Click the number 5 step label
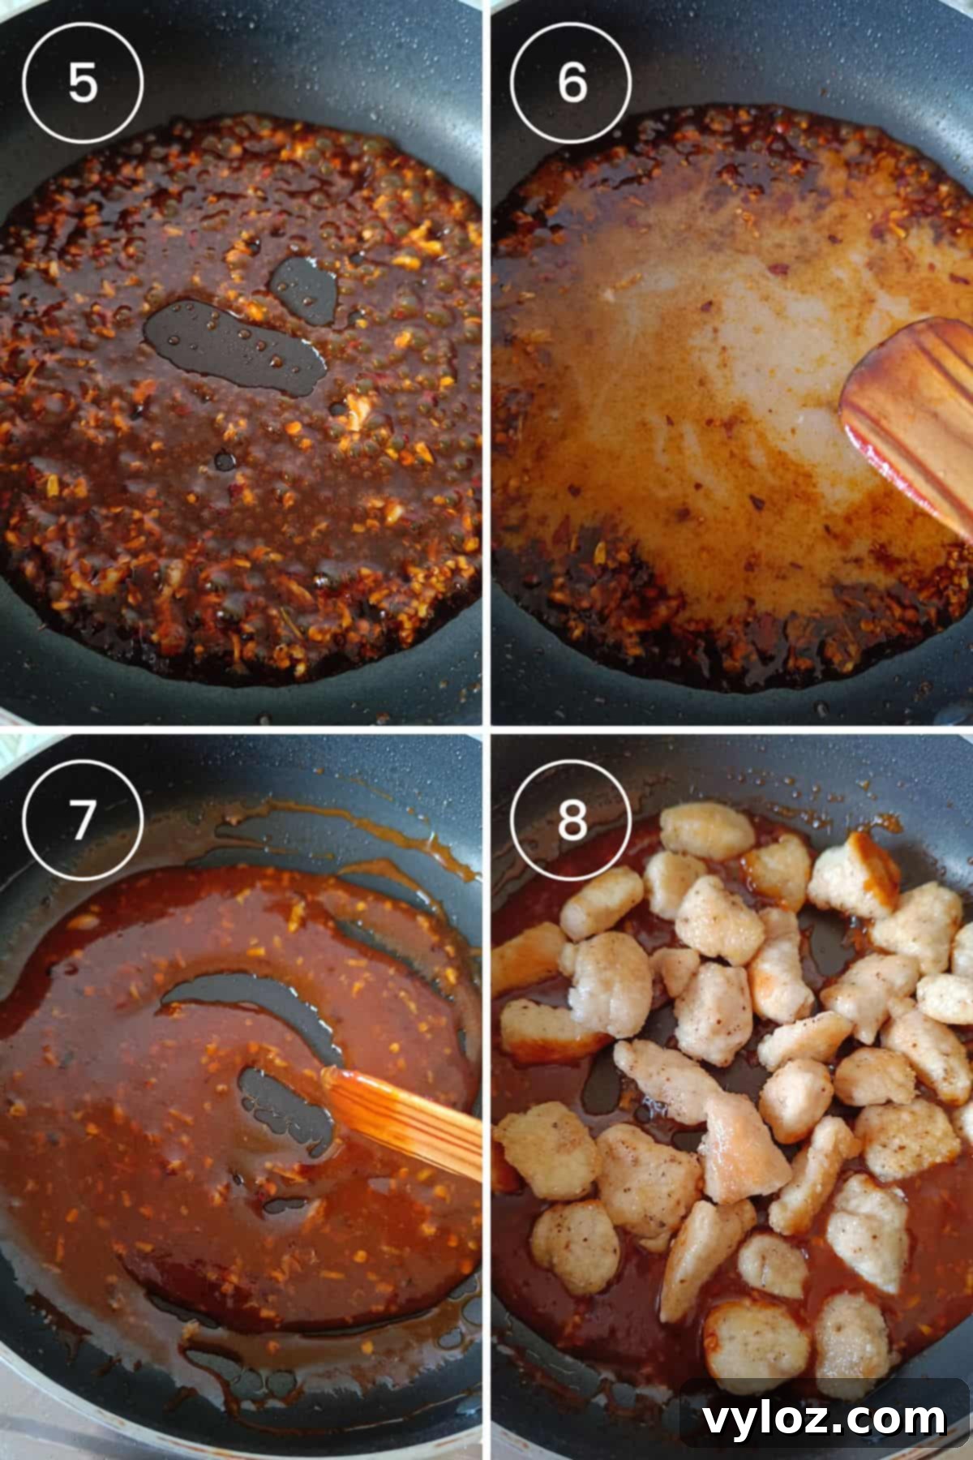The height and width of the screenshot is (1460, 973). click(82, 81)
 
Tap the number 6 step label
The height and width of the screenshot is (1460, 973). click(572, 81)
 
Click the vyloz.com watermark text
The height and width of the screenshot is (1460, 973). click(823, 1418)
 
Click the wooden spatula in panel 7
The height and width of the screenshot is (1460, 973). click(405, 1115)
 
